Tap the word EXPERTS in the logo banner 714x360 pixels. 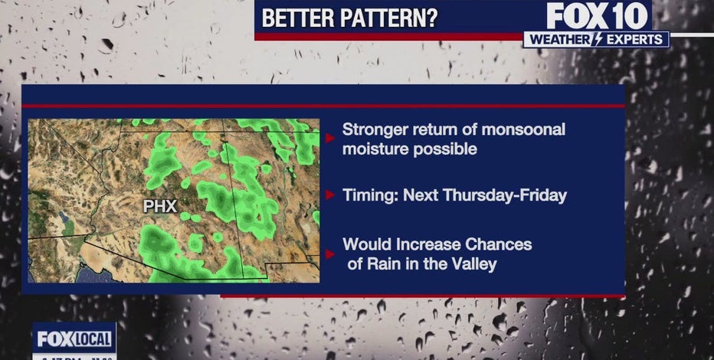click(x=634, y=39)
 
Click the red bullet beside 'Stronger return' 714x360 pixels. click(x=330, y=139)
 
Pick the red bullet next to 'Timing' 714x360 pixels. click(x=330, y=195)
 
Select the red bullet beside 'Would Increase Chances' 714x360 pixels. click(x=330, y=254)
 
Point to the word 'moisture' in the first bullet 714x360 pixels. click(x=375, y=148)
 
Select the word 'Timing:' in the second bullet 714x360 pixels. click(x=370, y=195)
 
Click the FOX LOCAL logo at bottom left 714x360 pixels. click(x=74, y=336)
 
